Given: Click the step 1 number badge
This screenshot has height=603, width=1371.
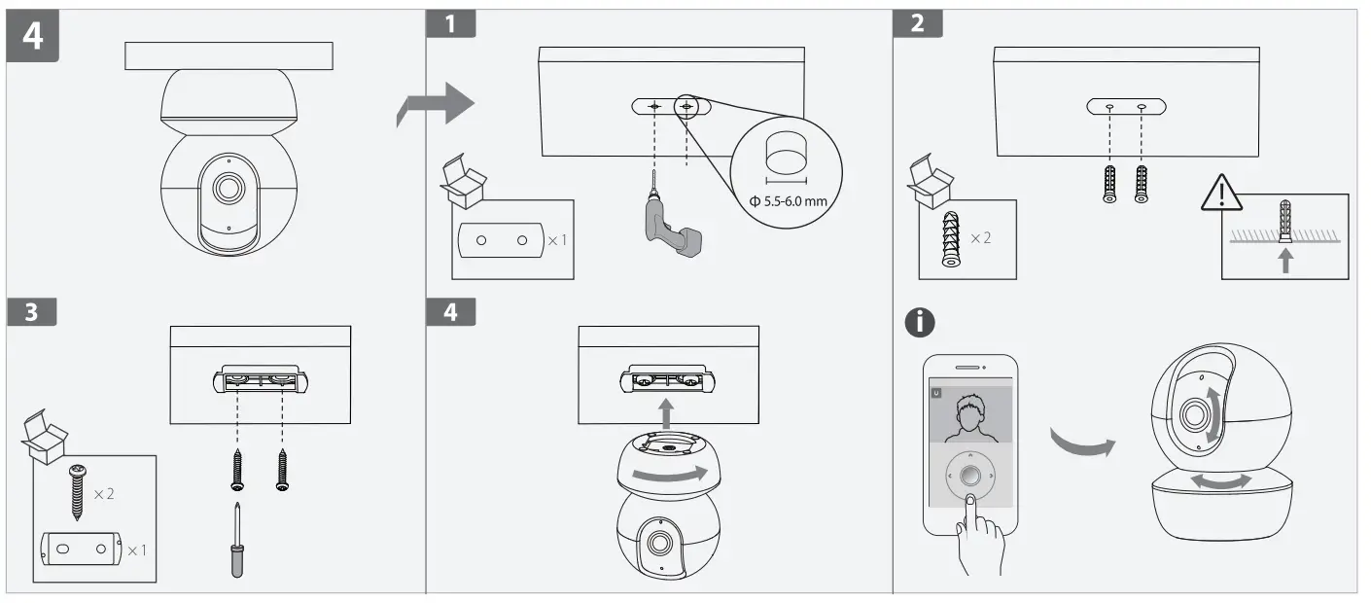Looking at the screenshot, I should (451, 24).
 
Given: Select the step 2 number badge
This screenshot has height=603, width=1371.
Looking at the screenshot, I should (917, 24).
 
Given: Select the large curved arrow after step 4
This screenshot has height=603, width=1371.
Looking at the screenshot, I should (436, 105).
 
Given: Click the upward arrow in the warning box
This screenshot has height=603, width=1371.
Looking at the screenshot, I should (1286, 261).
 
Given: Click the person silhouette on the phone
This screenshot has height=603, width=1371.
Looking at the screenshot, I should (970, 415).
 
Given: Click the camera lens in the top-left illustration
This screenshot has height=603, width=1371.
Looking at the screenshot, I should (228, 189).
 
